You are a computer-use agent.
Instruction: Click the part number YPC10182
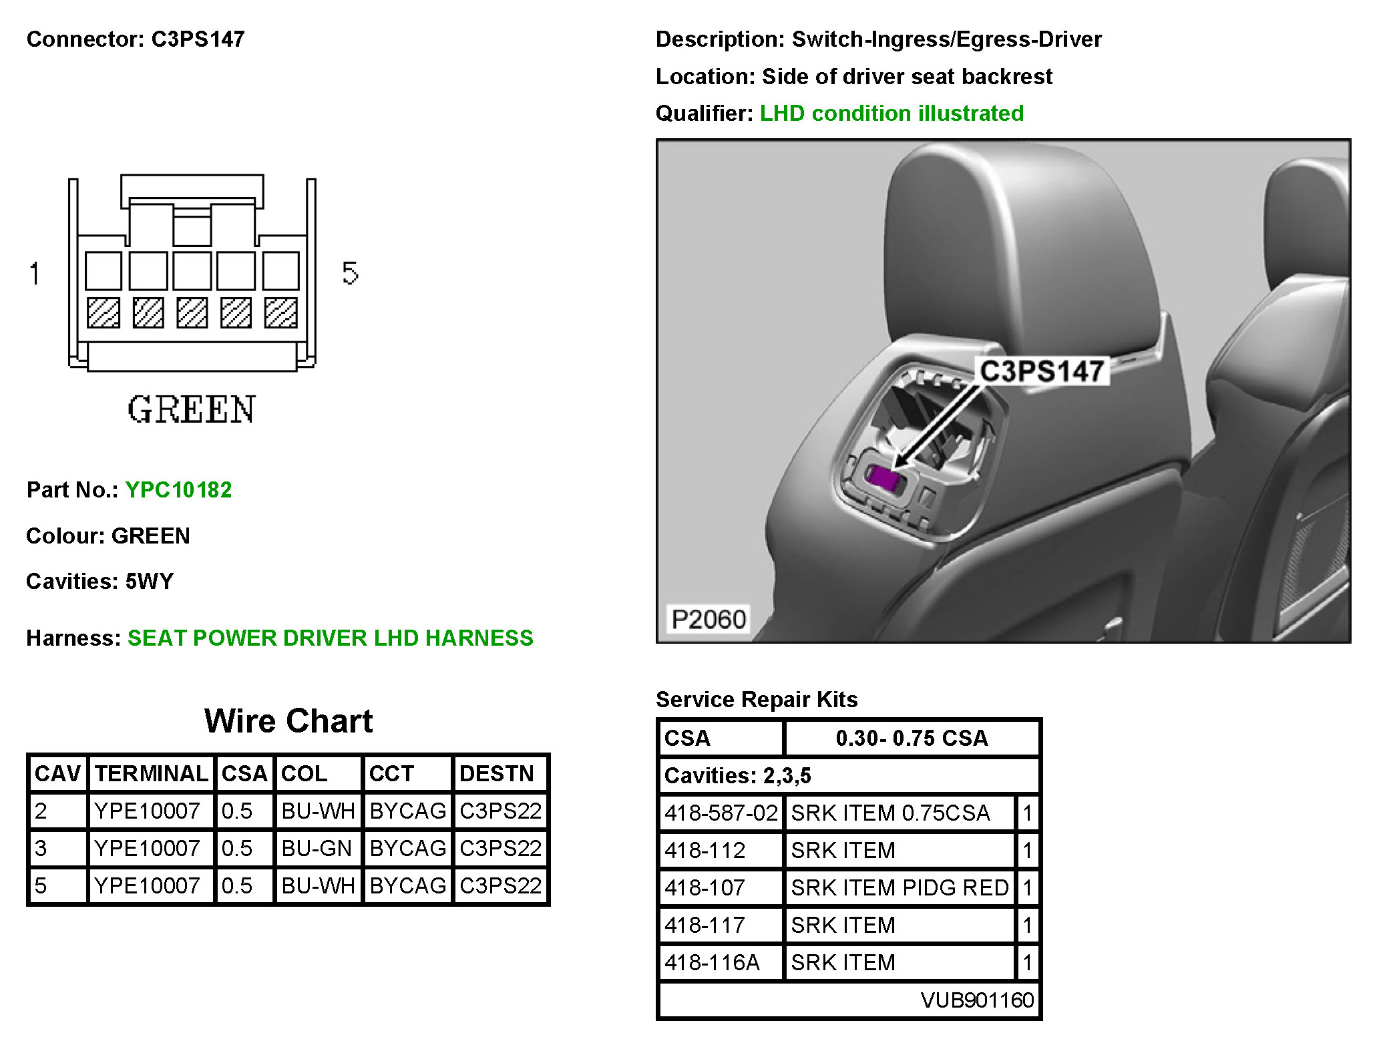point(178,489)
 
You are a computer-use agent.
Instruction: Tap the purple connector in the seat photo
point(883,477)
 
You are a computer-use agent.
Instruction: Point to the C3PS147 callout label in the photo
point(1041,371)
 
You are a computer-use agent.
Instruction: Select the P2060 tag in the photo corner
point(708,619)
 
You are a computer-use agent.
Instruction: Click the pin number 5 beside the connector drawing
point(350,273)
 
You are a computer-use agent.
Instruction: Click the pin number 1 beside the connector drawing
point(35,273)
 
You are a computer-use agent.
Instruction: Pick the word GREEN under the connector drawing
point(192,409)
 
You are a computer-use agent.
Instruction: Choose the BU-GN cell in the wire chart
point(317,848)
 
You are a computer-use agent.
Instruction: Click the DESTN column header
point(497,773)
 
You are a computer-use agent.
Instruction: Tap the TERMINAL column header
point(151,773)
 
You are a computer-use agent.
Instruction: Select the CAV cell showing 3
point(41,848)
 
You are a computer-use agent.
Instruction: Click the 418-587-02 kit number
point(721,813)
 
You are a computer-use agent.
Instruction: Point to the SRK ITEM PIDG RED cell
point(900,887)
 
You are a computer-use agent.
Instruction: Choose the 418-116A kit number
point(712,962)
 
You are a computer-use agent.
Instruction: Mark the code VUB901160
point(976,1000)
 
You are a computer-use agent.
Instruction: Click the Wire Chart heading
point(288,721)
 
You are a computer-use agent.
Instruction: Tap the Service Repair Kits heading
point(757,699)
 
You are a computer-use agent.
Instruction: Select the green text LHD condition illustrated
point(892,114)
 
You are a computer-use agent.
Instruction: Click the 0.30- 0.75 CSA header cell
point(912,738)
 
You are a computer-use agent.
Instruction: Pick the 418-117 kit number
point(705,925)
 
